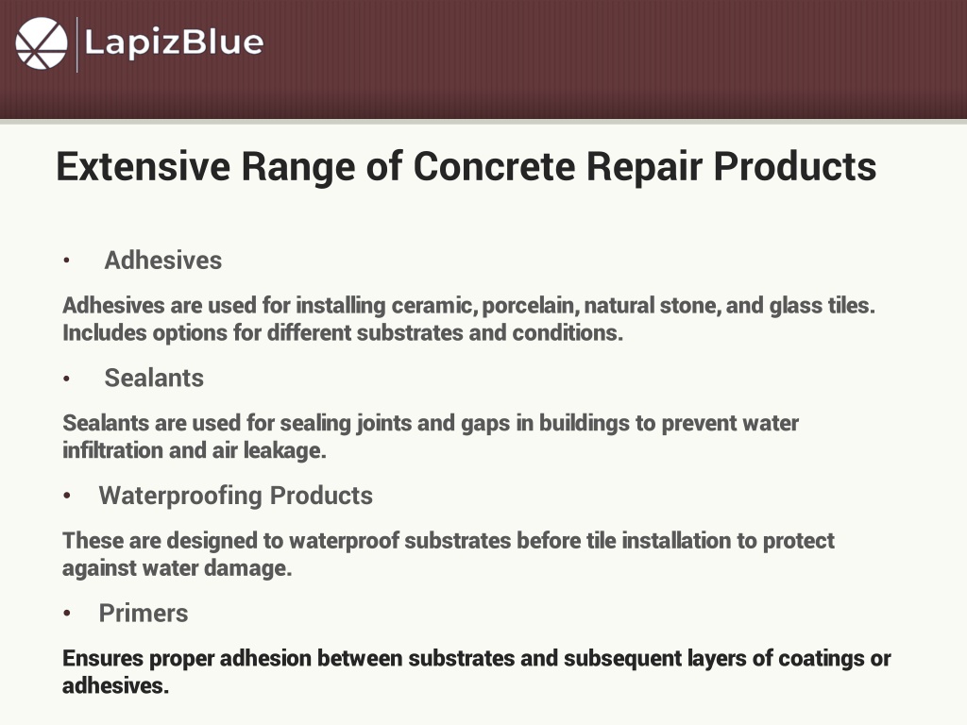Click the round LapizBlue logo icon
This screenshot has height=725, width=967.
42,43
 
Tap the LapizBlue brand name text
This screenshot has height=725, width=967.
174,42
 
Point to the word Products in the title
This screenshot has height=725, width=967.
794,166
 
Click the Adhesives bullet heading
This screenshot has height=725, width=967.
162,261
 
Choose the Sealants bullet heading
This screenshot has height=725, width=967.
154,378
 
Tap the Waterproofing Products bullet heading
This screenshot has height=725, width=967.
235,496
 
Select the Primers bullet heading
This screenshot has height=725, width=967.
144,614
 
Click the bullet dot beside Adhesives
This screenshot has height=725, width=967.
67,261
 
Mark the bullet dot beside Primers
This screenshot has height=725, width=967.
67,614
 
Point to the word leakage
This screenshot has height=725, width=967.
284,450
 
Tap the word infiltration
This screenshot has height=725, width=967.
113,450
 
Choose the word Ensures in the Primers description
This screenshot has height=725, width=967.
103,658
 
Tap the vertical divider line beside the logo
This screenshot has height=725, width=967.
77,44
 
